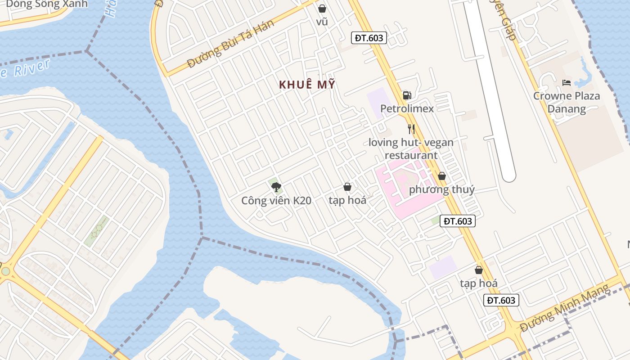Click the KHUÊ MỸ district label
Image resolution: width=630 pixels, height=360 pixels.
coord(307,85)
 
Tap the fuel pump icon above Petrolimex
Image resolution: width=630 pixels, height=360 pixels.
coord(407,95)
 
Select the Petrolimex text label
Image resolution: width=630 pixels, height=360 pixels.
coord(407,108)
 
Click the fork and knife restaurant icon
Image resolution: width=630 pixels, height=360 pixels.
coord(411,129)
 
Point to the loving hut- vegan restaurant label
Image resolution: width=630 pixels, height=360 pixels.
coord(411,149)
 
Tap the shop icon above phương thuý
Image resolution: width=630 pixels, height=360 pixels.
coord(442,176)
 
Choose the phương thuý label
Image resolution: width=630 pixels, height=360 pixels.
coord(441,189)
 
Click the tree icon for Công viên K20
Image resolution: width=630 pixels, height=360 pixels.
coord(276,187)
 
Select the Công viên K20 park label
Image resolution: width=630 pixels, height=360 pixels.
coord(276,201)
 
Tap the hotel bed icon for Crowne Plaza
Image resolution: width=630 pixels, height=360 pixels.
coord(567,83)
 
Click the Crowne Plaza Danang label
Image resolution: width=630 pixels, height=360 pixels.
coord(567,102)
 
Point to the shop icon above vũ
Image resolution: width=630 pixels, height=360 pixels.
coord(322,9)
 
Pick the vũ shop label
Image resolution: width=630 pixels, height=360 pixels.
coord(322,22)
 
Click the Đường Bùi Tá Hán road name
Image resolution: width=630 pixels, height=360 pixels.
coord(230,44)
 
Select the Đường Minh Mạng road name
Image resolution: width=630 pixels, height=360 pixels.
coord(566,311)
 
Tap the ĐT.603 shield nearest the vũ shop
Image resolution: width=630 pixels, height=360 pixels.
coord(369,38)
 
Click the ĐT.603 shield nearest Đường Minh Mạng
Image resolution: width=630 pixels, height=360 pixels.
coord(501,300)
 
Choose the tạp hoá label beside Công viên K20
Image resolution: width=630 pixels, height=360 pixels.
coord(347,200)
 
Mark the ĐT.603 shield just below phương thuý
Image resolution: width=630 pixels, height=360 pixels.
coord(458,221)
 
